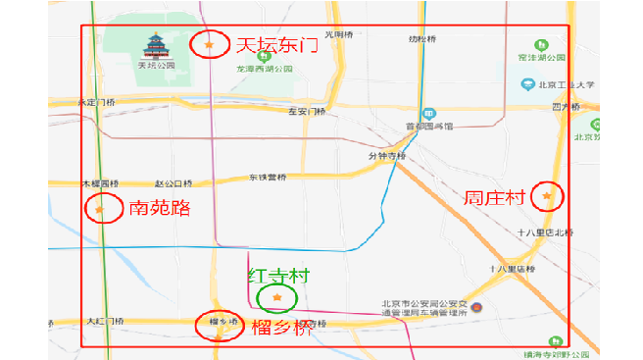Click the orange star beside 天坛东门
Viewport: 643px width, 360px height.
(208, 44)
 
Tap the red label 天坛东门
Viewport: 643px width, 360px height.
(275, 45)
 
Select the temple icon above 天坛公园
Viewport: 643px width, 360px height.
(156, 46)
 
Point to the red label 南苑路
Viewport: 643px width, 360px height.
(159, 208)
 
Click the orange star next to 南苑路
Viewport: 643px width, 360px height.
(99, 208)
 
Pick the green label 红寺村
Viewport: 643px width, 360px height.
(278, 276)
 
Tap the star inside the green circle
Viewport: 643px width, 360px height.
(277, 297)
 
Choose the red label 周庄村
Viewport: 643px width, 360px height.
(497, 198)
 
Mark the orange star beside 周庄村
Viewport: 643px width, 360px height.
(547, 197)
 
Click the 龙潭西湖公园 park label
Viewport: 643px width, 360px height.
(265, 70)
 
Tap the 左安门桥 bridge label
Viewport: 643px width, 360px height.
(307, 112)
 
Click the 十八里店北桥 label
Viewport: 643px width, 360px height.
(546, 232)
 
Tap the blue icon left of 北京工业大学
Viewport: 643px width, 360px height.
(527, 84)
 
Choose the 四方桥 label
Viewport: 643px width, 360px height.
(567, 106)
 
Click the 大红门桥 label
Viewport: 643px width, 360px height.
(106, 322)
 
